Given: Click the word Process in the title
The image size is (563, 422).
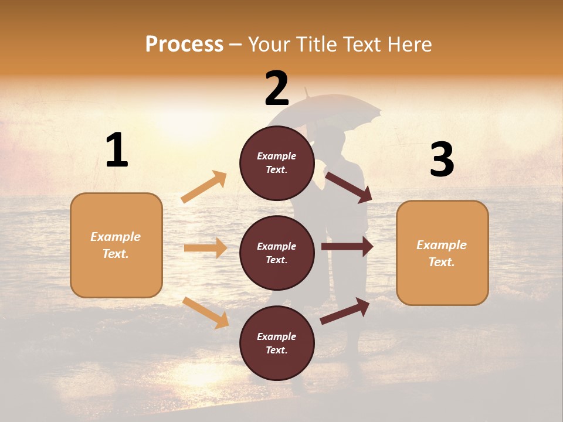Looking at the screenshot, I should pyautogui.click(x=184, y=45).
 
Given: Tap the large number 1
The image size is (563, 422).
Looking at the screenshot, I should pyautogui.click(x=117, y=151).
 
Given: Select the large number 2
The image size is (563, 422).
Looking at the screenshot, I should pyautogui.click(x=277, y=89).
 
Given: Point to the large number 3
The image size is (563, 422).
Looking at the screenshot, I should pyautogui.click(x=442, y=160).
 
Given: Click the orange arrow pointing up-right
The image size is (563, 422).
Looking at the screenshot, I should pyautogui.click(x=204, y=187).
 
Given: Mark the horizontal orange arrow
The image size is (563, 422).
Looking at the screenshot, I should pyautogui.click(x=205, y=248).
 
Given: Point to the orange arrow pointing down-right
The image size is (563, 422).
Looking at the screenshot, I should pyautogui.click(x=205, y=312).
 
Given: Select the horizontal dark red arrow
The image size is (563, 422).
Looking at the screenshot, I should pyautogui.click(x=347, y=247).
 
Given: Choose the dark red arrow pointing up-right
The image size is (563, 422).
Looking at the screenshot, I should pyautogui.click(x=345, y=311).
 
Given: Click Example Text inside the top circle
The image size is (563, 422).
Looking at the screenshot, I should pyautogui.click(x=277, y=163).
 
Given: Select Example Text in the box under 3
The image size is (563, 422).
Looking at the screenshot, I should pyautogui.click(x=442, y=253).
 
